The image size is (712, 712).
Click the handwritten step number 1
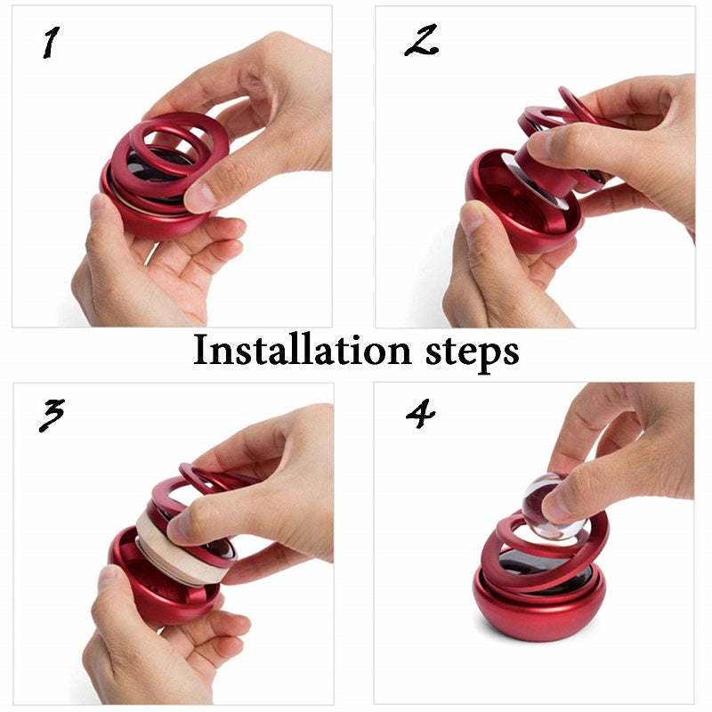click(x=51, y=42)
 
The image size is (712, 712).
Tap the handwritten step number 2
click(x=421, y=40)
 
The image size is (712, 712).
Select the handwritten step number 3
click(x=52, y=415)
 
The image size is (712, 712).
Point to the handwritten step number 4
click(x=420, y=414)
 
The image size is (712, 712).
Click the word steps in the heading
click(x=473, y=352)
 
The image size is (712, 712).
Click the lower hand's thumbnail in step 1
click(x=98, y=206)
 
